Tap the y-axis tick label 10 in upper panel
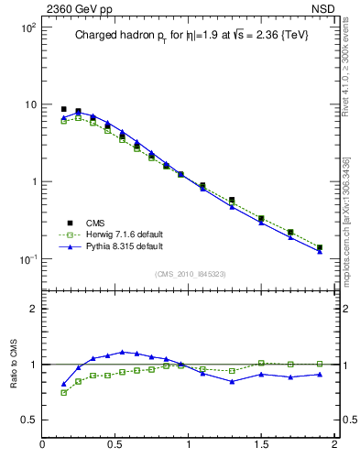coord(28,104)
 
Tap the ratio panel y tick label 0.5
coord(27,420)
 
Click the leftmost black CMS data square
coord(63,109)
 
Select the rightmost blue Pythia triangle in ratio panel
coord(320,374)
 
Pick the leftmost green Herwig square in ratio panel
coord(63,392)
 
